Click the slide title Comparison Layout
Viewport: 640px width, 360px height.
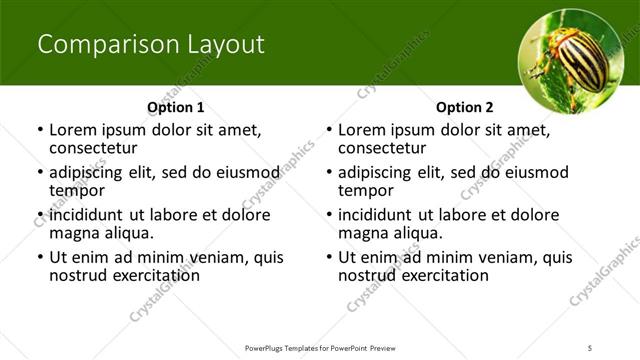tap(150, 45)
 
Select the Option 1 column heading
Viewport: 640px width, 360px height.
tap(175, 107)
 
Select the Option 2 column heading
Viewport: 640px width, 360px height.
tap(464, 107)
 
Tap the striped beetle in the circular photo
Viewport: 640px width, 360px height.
tap(573, 62)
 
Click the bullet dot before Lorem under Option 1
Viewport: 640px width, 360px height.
tap(39, 130)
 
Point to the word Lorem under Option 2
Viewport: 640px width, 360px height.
tap(362, 130)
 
